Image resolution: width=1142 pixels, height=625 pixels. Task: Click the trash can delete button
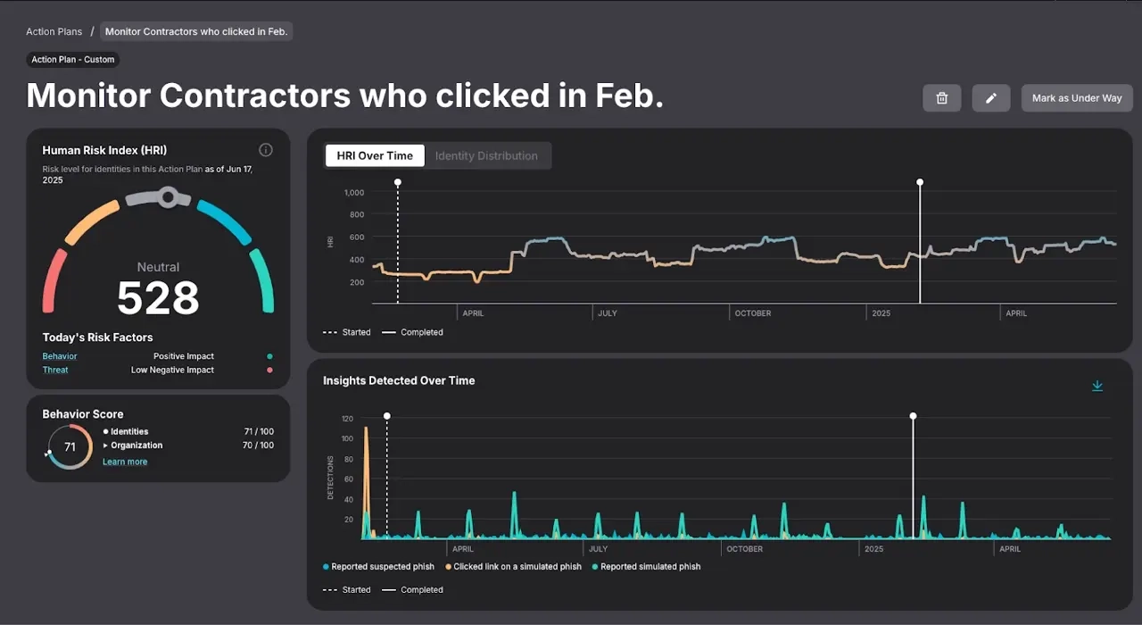point(941,98)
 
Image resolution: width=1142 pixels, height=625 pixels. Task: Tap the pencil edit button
point(990,98)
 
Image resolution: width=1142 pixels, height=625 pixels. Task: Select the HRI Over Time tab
point(375,155)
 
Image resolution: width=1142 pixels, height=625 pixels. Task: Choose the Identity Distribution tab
point(486,155)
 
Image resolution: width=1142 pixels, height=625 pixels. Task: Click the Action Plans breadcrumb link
point(54,31)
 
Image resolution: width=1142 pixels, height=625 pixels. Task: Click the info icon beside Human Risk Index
point(265,150)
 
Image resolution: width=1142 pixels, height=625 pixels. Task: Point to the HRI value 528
point(158,298)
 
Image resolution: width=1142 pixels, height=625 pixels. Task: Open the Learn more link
point(125,462)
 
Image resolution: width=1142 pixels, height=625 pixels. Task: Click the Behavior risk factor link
point(60,356)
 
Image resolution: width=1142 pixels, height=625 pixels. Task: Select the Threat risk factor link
point(55,370)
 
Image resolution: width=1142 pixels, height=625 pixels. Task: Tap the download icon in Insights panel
point(1097,386)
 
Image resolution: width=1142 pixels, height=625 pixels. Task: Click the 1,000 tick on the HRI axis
point(353,192)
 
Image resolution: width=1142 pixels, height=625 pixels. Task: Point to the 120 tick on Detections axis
point(347,418)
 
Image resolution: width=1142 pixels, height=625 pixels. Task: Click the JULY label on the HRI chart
point(608,313)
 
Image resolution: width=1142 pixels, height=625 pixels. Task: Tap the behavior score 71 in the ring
point(70,446)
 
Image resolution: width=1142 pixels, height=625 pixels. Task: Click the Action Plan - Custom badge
point(73,60)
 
